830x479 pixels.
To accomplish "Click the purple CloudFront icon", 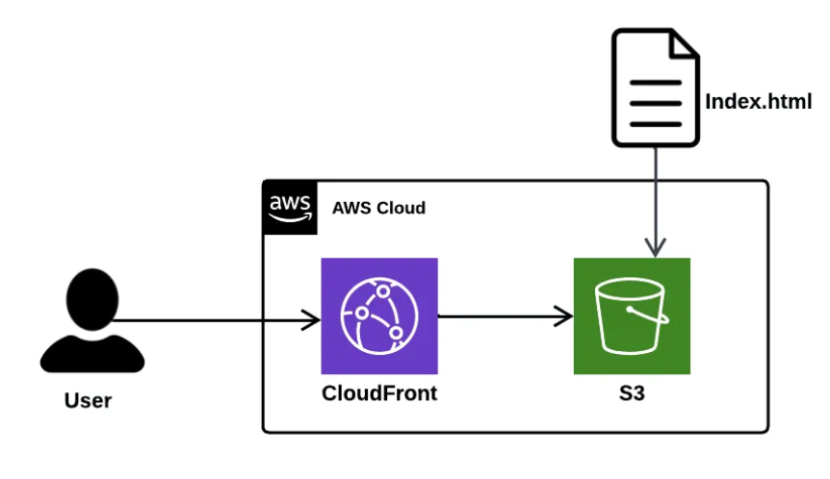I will tap(379, 315).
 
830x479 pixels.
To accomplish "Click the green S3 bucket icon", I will tap(632, 315).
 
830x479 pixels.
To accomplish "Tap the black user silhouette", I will tap(91, 322).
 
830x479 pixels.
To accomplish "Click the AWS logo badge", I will tap(289, 207).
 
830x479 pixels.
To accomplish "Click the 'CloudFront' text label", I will tap(379, 393).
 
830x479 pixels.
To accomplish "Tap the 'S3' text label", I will tap(632, 393).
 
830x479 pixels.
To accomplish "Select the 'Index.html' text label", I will tap(760, 102).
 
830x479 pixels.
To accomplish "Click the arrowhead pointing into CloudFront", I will tap(311, 320).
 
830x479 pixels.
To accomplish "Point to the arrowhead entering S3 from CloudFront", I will tap(563, 315).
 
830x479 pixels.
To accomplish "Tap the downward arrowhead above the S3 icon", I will tap(656, 246).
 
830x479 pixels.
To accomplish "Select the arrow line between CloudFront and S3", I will tap(501, 315).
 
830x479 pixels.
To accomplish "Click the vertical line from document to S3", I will tap(656, 192).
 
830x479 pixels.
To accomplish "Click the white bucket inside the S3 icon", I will tap(632, 317).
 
